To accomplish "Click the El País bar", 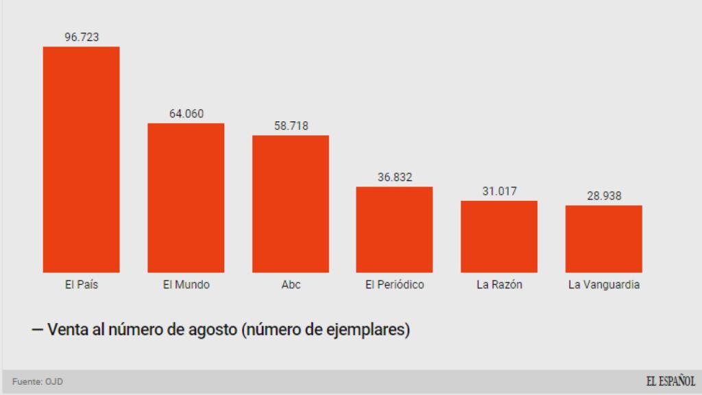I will point(81,159).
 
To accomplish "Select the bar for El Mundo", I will point(186,197).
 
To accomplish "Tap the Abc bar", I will point(291,204).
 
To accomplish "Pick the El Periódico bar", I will point(394,229).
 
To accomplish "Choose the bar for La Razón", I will point(499,236).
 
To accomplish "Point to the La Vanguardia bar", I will point(603,239).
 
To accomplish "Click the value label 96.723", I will point(82,37).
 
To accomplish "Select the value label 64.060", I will point(186,114).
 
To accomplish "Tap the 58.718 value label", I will point(291,126).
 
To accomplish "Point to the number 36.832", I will point(395,178).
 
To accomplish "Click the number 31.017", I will point(499,191).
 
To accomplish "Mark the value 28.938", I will point(604,196).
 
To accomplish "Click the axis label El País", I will point(82,285).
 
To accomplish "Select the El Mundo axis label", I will point(186,285).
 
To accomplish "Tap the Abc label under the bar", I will point(291,285).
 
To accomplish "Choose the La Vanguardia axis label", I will point(604,285).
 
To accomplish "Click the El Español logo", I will point(670,381).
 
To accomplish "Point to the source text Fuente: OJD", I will point(38,382).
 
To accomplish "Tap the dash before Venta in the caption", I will point(37,330).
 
